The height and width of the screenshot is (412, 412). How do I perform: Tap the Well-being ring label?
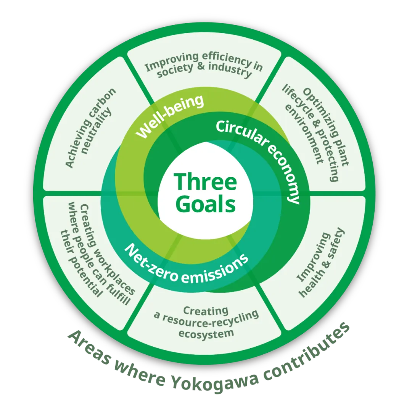click(x=170, y=116)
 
